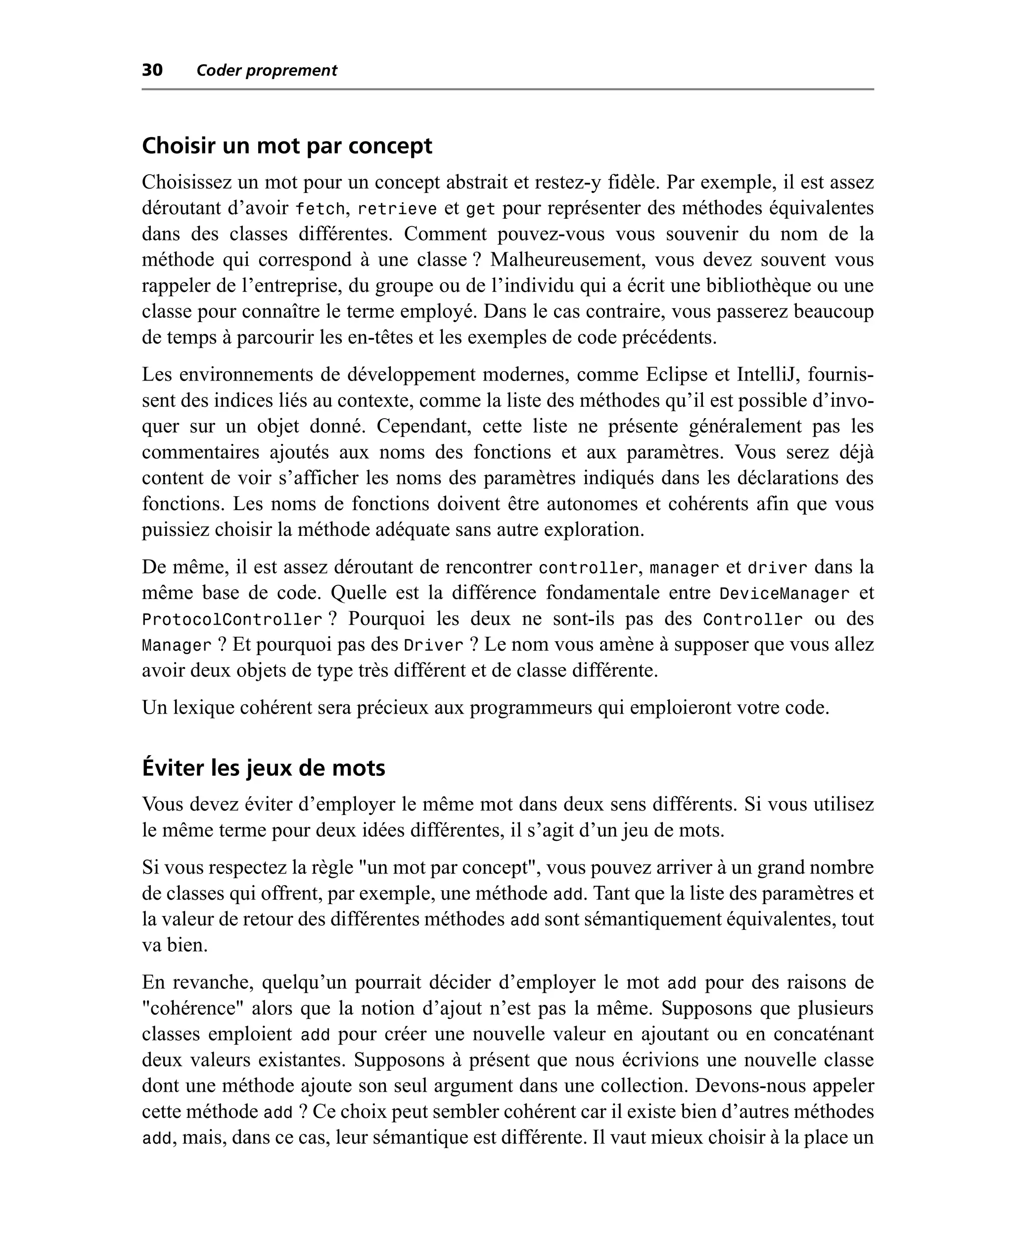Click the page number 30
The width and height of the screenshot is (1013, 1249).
pos(152,70)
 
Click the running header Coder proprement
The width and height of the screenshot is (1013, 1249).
pos(267,71)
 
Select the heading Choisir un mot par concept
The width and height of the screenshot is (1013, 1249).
pos(287,146)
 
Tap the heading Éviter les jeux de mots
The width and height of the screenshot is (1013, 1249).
pos(264,768)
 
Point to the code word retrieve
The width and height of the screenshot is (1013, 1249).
pos(397,209)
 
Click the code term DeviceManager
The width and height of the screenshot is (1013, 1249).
pos(784,593)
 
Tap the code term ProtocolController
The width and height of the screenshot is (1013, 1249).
pos(232,619)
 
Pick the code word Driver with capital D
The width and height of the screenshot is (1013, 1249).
pos(434,645)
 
